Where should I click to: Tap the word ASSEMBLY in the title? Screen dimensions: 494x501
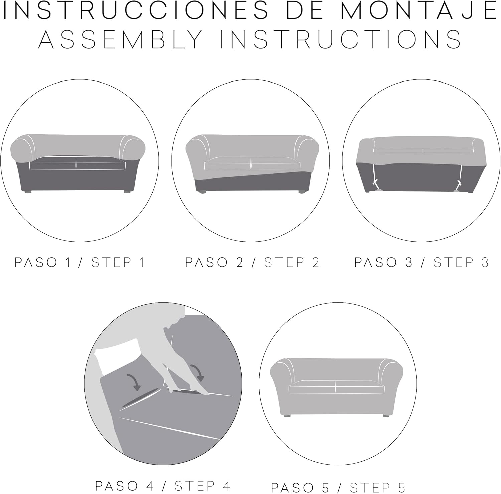pos(121,39)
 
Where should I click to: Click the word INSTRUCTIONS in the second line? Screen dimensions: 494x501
pos(340,39)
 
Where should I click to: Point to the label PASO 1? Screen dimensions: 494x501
pos(43,263)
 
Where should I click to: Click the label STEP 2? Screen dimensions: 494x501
pos(292,263)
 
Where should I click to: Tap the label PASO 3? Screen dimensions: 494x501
pos(383,263)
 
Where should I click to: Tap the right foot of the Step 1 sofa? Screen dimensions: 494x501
pos(127,192)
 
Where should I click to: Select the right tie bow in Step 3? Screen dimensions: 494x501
pos(459,184)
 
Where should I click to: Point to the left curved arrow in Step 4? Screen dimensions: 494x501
pos(133,382)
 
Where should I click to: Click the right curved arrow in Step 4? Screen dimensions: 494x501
pos(197,371)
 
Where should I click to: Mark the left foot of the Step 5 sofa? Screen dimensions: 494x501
pos(286,416)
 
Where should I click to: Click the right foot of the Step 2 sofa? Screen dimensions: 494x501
pos(302,192)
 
